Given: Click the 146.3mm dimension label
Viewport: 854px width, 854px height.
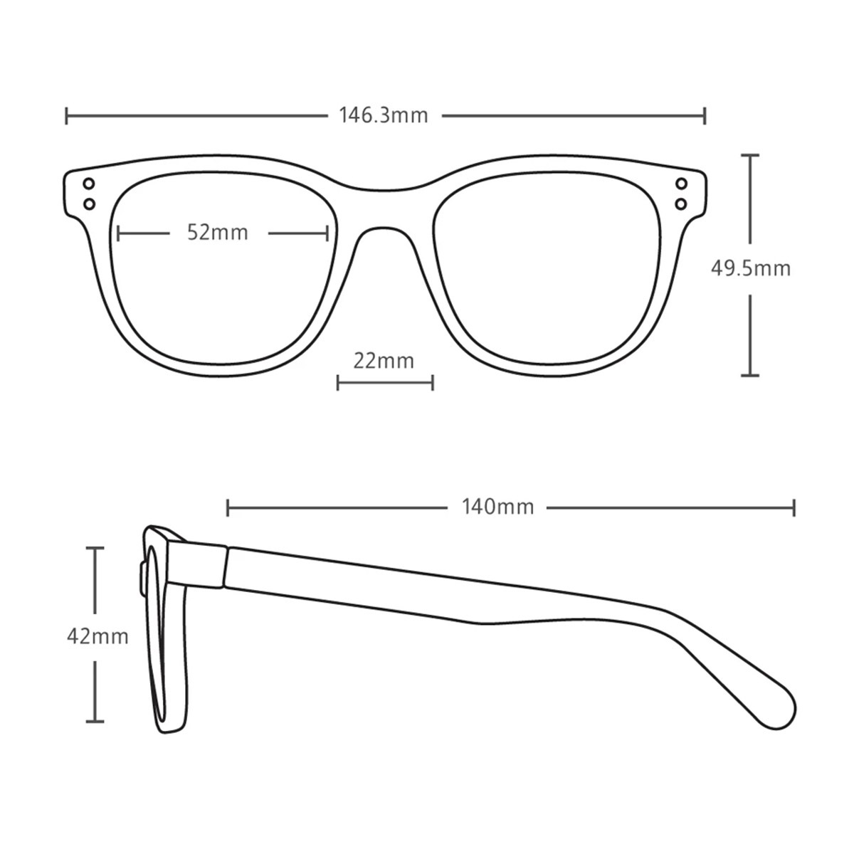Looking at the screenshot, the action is point(384,116).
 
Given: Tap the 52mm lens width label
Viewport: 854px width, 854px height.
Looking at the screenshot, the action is point(217,233).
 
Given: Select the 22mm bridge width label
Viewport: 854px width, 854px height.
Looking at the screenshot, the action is point(384,361).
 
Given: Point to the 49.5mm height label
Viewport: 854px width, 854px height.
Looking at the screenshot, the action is point(751,268).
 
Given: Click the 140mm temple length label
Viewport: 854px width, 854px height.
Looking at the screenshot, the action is point(497,507).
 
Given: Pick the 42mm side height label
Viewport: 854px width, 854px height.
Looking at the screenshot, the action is point(97,637).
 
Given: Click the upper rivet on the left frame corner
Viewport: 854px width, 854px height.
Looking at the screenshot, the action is point(89,184).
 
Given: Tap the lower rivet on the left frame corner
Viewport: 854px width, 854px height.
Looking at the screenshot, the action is point(89,204).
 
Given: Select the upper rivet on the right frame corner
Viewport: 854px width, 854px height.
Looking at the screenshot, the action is point(682,184).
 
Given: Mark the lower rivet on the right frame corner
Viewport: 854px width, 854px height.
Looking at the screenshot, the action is point(682,204).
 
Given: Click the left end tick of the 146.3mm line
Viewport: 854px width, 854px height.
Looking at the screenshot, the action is point(66,116).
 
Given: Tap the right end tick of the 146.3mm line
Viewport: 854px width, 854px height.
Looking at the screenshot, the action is point(705,116).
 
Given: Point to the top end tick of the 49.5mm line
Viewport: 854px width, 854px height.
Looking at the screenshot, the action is point(750,155).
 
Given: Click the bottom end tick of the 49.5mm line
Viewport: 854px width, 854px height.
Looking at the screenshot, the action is point(750,375).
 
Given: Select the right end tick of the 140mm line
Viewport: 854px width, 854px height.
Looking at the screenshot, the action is point(794,508).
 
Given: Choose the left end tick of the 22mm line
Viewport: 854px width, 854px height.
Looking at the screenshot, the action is point(338,382).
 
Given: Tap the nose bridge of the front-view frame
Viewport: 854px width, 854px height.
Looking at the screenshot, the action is point(384,209).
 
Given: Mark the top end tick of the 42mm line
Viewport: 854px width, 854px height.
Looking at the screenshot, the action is point(95,548).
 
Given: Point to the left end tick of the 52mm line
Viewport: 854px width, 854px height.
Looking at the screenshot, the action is point(118,233).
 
